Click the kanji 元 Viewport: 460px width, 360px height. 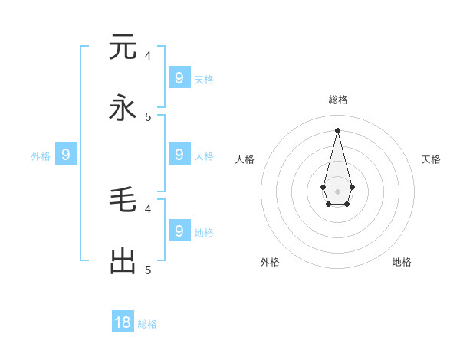pyautogui.click(x=123, y=47)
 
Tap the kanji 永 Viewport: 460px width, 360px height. pyautogui.click(x=123, y=108)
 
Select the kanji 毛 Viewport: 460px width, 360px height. pyautogui.click(x=123, y=200)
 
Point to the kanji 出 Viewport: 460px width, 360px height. pyautogui.click(x=123, y=261)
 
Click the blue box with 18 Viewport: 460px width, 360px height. pyautogui.click(x=123, y=322)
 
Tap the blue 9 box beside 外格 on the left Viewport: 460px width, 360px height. pyautogui.click(x=66, y=155)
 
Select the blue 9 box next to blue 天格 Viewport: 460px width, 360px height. pyautogui.click(x=179, y=78)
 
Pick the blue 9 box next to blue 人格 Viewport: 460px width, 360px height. pyautogui.click(x=179, y=155)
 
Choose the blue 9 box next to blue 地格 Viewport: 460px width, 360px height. pyautogui.click(x=179, y=231)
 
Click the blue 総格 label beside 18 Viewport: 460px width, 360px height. pyautogui.click(x=147, y=324)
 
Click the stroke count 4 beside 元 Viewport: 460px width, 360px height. pyautogui.click(x=148, y=55)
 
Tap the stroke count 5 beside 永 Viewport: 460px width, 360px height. pyautogui.click(x=148, y=116)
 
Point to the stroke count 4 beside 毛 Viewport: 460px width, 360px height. pyautogui.click(x=148, y=208)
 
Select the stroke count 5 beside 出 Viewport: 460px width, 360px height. pyautogui.click(x=148, y=270)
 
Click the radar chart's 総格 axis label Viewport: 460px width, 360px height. pyautogui.click(x=338, y=100)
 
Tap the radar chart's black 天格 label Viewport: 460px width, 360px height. pyautogui.click(x=431, y=159)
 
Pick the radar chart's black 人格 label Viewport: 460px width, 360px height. pyautogui.click(x=245, y=159)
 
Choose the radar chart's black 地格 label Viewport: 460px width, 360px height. pyautogui.click(x=402, y=262)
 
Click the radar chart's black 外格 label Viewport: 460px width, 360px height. pyautogui.click(x=270, y=262)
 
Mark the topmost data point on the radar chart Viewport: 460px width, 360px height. pyautogui.click(x=337, y=129)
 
